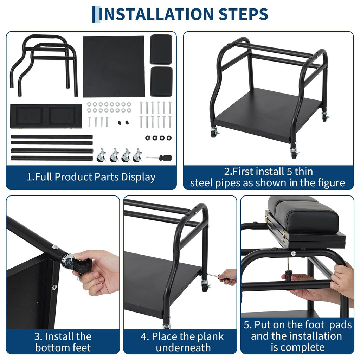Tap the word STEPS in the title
(x=243, y=14)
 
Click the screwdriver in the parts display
(x=159, y=158)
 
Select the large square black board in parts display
(x=114, y=66)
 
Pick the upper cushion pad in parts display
(x=161, y=49)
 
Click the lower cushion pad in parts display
(x=161, y=82)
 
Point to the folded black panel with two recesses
(x=46, y=116)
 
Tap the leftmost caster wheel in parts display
(x=101, y=155)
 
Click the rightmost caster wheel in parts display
(x=137, y=155)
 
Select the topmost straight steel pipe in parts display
(x=52, y=137)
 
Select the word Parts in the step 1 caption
(x=107, y=177)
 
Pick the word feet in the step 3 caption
(x=82, y=347)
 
